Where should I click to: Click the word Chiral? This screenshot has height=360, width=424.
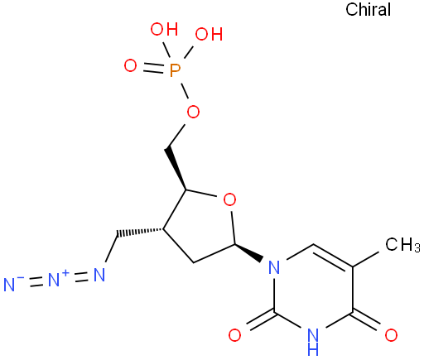point(368,9)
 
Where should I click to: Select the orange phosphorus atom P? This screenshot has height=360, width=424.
point(175,70)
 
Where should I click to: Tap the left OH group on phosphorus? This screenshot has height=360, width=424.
point(164,29)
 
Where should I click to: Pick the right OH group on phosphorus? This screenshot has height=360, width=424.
point(209,34)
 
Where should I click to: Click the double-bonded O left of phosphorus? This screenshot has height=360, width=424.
point(130,66)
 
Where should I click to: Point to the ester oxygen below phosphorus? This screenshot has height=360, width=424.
point(193,112)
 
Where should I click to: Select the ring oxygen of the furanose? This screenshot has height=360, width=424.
point(229,199)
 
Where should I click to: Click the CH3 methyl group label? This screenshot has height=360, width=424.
point(402,244)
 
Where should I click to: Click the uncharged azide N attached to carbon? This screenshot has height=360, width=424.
point(99,275)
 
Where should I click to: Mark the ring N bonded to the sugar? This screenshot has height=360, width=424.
point(274,267)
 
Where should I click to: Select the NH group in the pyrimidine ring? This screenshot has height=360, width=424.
point(313,342)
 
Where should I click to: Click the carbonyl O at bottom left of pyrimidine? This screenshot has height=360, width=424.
point(234,335)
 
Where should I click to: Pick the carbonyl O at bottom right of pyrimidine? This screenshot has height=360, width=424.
point(391,335)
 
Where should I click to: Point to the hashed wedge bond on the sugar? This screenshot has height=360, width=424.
point(140,233)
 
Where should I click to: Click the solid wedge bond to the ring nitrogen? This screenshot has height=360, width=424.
point(248,252)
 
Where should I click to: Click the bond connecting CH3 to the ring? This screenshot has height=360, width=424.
point(367,258)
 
